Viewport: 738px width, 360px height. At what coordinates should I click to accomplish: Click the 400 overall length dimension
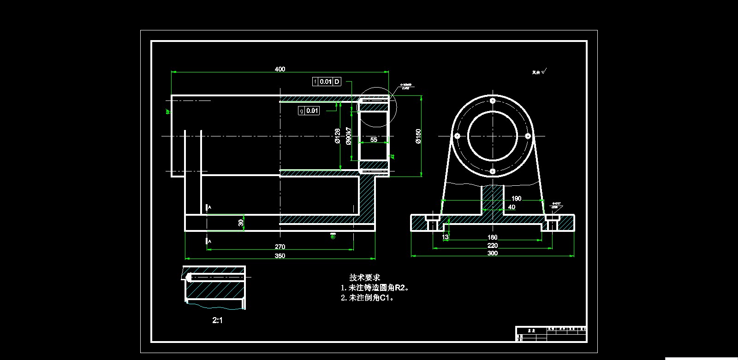click(x=280, y=69)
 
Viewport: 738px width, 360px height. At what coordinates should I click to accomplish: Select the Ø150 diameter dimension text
click(x=418, y=136)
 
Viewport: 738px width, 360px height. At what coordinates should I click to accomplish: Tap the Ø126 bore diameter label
click(x=337, y=136)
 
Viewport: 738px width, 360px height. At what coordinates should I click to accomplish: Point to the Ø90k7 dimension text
click(x=349, y=136)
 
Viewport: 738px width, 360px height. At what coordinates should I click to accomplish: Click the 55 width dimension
click(x=374, y=139)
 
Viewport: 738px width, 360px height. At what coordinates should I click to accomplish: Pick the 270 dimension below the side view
click(x=280, y=247)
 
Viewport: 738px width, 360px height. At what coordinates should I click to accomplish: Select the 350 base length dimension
click(x=280, y=256)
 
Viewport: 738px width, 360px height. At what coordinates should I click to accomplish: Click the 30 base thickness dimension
click(x=241, y=223)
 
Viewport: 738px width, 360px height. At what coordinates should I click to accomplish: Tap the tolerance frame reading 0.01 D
click(x=327, y=82)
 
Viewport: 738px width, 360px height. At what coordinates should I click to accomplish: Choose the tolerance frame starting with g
click(x=309, y=111)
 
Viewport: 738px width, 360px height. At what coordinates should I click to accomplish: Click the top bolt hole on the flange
click(x=493, y=100)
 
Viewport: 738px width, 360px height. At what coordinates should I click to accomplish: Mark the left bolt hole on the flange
click(x=457, y=136)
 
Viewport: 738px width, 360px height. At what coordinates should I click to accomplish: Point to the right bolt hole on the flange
click(x=528, y=136)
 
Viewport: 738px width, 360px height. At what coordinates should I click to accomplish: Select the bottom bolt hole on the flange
click(x=493, y=171)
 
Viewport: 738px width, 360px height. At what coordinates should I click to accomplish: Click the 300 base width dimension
click(x=493, y=253)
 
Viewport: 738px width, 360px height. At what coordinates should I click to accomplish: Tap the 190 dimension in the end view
click(x=516, y=199)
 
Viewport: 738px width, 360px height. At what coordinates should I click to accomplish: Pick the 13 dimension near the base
click(x=445, y=237)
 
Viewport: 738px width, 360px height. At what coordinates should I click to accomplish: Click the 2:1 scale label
click(x=217, y=320)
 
